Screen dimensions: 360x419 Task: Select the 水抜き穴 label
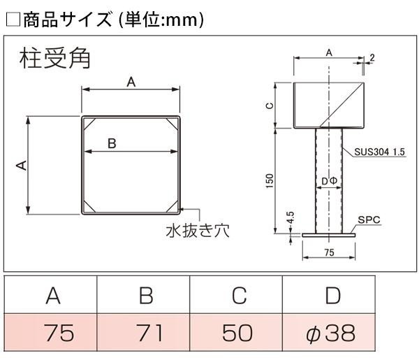pos(198,230)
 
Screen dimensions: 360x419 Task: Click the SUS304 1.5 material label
pos(380,152)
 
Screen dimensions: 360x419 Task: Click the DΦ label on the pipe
pos(330,181)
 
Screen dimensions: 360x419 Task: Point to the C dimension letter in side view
pos(270,106)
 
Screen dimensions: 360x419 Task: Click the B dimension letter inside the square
pos(111,143)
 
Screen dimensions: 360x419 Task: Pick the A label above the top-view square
pos(131,82)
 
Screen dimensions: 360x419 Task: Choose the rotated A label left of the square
pos(21,165)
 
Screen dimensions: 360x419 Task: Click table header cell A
pos(52,296)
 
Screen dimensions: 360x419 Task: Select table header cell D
pos(332,296)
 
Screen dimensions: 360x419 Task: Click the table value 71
pos(146,333)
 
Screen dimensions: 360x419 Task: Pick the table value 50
pos(239,333)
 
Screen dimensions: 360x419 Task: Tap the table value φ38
pos(331,333)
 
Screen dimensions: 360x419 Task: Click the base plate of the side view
pos(330,235)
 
